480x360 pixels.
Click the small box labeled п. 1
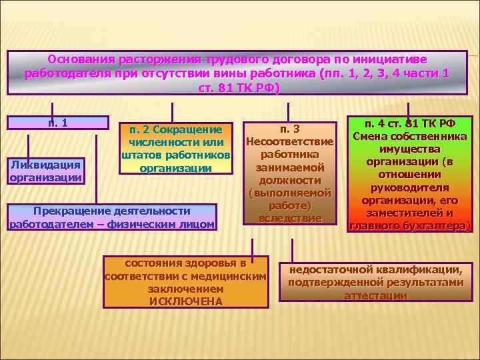[57, 123]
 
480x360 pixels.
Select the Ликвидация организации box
[45, 171]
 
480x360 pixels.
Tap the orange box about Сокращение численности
[176, 148]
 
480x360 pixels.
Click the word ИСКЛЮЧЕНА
[186, 301]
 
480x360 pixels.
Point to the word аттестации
[375, 295]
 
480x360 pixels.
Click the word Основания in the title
[82, 59]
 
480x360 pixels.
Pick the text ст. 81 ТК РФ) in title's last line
[240, 87]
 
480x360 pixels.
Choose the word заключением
[186, 289]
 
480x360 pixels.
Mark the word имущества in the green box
[409, 149]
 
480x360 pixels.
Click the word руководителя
[409, 187]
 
